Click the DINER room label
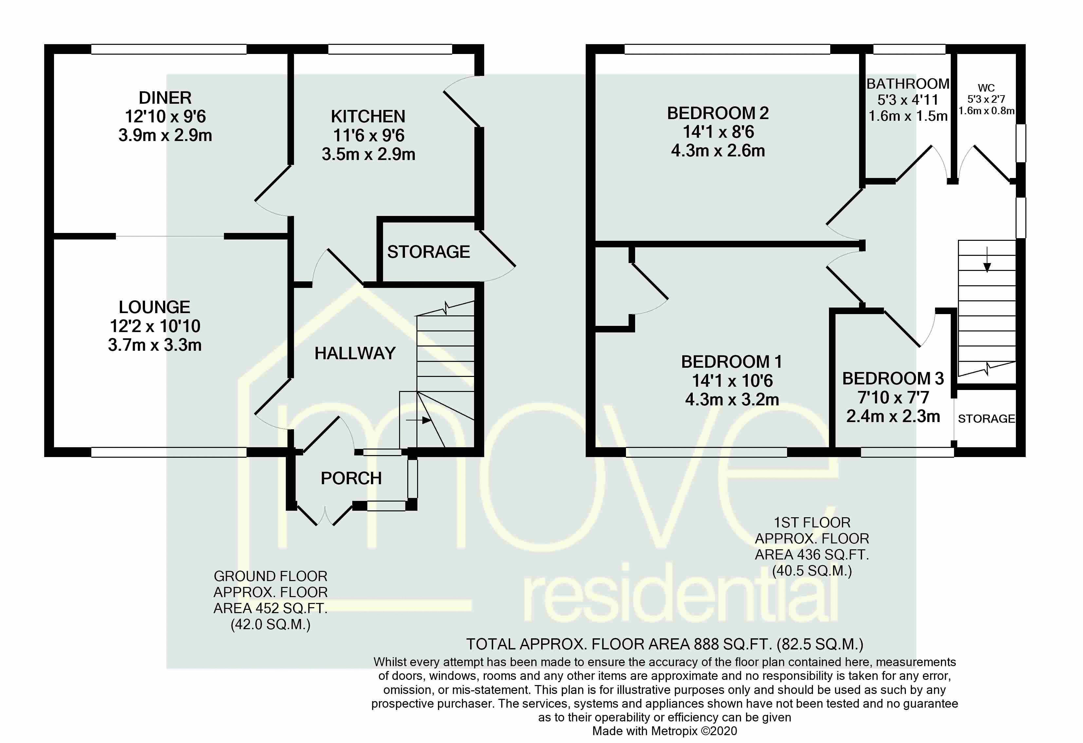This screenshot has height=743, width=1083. pos(165,98)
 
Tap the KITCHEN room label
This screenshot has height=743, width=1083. pos(368,116)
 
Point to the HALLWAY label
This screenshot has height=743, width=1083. pos(355,354)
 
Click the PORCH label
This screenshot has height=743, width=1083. pos(351,478)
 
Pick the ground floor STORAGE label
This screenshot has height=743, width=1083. pos(428,252)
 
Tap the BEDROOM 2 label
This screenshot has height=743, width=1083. pos(718,113)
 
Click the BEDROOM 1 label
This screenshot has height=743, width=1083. pos(731,362)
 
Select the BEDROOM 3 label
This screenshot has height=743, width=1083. pos(893,379)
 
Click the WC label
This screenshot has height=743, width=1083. pos(986,88)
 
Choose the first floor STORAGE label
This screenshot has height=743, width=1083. pos(986,419)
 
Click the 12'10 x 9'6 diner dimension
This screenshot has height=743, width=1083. pos(165,116)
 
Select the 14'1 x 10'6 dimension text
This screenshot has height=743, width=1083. pos(732,381)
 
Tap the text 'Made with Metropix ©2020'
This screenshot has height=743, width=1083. pos(665,731)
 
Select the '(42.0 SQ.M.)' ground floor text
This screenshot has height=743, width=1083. pos(270,624)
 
